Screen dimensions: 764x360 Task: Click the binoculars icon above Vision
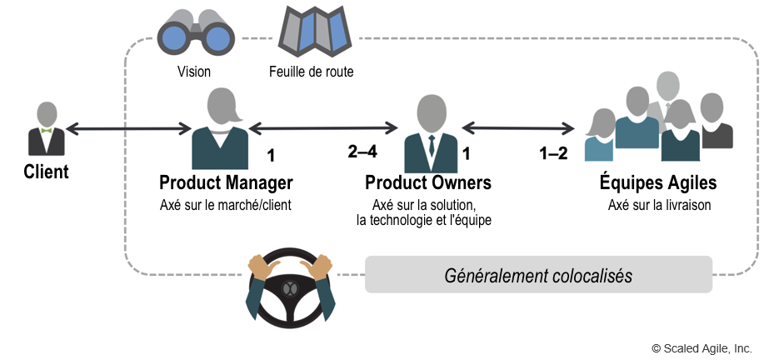[x=196, y=32]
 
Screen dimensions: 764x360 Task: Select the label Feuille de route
[x=312, y=72]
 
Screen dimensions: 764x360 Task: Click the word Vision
[x=194, y=72]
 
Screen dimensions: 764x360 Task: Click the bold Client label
[x=47, y=172]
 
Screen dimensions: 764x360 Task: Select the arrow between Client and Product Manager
[x=128, y=128]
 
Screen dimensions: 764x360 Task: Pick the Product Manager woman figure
[x=220, y=128]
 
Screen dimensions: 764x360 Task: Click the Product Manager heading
[x=226, y=182]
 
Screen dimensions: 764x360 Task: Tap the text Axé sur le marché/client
[x=226, y=205]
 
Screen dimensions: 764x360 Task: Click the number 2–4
[x=362, y=152]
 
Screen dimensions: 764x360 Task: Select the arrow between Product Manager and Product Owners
[x=323, y=128]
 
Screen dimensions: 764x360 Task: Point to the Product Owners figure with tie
[x=432, y=133]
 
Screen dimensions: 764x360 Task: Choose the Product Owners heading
[x=428, y=182]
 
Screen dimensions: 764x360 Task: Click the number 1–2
[x=553, y=153]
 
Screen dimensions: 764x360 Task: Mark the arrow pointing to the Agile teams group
[x=518, y=128]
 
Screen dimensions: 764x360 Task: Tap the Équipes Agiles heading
[x=658, y=182]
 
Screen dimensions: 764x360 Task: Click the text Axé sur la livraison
[x=659, y=205]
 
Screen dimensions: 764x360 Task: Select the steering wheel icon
[x=292, y=287]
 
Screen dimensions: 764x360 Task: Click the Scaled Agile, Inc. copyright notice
[x=702, y=348]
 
